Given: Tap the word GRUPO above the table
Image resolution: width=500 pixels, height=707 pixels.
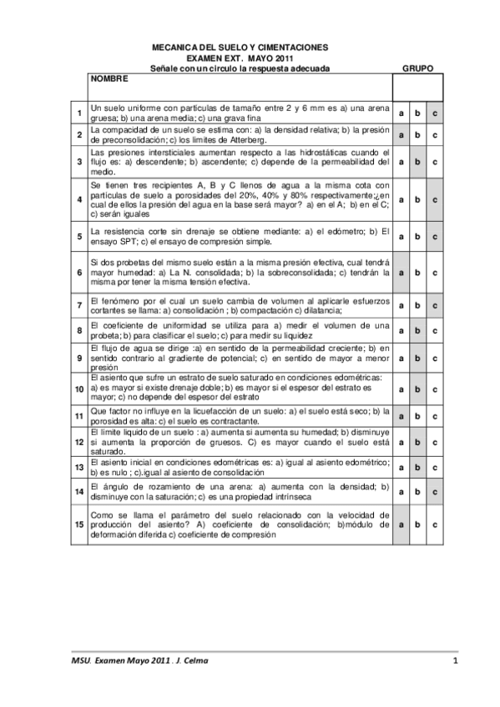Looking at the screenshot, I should (x=417, y=68).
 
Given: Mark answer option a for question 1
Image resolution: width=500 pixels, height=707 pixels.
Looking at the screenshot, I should (x=401, y=113).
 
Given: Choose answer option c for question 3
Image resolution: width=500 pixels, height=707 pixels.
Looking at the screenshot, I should (x=435, y=162).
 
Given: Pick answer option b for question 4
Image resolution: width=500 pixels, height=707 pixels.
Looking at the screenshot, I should (x=417, y=200).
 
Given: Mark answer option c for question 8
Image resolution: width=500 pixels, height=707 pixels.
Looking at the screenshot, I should (x=435, y=330).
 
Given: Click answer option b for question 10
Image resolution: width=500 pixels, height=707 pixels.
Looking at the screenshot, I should (x=417, y=389).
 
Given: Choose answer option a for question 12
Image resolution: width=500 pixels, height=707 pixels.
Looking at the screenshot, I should (x=401, y=442).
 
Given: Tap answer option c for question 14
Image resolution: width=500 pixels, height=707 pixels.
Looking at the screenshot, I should (x=435, y=493).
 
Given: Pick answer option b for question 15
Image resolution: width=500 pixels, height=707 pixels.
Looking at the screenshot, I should (x=417, y=525).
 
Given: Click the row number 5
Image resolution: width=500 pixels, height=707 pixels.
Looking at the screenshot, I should (x=78, y=236).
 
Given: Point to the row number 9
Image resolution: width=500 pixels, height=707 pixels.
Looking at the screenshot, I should (x=78, y=359).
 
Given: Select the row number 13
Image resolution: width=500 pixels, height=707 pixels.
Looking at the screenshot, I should (x=78, y=467).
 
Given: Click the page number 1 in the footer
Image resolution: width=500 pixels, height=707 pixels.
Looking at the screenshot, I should (x=456, y=661).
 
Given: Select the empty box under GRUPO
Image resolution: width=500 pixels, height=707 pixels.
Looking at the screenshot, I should (x=417, y=87).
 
